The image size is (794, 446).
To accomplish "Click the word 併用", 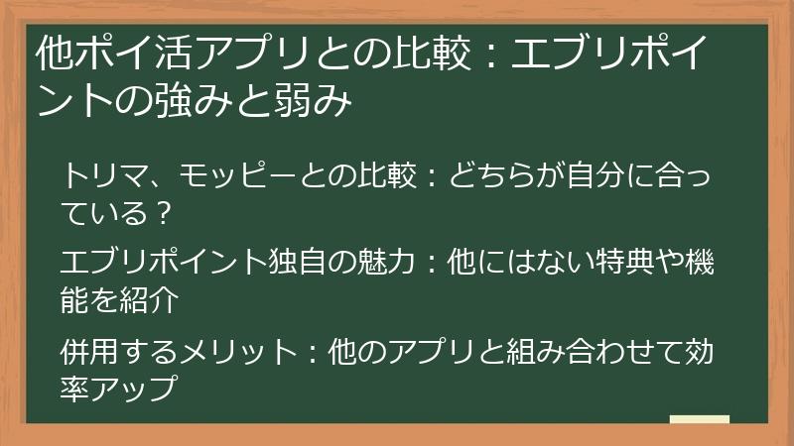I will (x=84, y=354).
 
